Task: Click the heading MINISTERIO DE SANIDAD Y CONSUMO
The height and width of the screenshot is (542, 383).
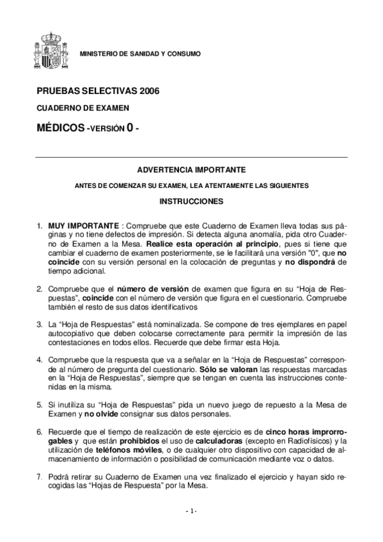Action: [139, 54]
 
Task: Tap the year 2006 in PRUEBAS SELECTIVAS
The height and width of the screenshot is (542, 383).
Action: [146, 91]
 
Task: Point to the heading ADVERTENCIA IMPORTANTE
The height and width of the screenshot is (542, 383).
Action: [191, 171]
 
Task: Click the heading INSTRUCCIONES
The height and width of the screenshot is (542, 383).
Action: [191, 201]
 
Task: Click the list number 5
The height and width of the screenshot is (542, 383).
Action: [39, 405]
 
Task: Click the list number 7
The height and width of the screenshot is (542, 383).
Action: [39, 476]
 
